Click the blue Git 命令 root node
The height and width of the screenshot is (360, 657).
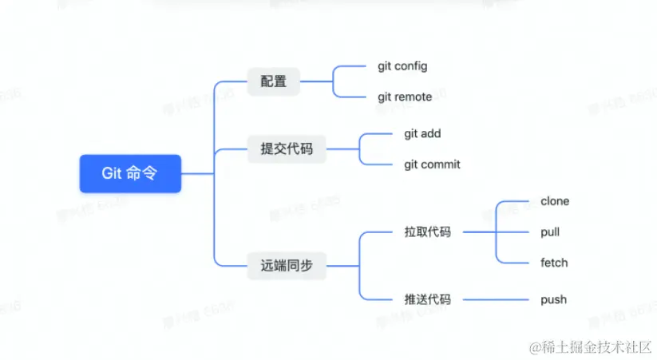(x=130, y=173)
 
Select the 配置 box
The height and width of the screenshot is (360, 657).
(x=273, y=81)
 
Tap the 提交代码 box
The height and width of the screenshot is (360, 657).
(x=287, y=148)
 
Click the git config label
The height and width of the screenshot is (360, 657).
(x=402, y=66)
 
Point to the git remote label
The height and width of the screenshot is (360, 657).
(x=405, y=97)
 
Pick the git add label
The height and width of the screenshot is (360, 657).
(x=422, y=133)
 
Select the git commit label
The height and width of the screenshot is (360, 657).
(x=432, y=164)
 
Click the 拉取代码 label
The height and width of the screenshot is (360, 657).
(x=427, y=232)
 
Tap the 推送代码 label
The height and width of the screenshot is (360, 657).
(x=427, y=299)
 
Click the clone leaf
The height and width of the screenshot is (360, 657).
(x=555, y=201)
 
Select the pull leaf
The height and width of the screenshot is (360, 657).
(x=550, y=232)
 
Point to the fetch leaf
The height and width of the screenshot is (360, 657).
(x=554, y=263)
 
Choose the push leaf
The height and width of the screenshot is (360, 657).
(x=553, y=299)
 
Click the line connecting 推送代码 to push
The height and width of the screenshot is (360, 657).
(x=495, y=299)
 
